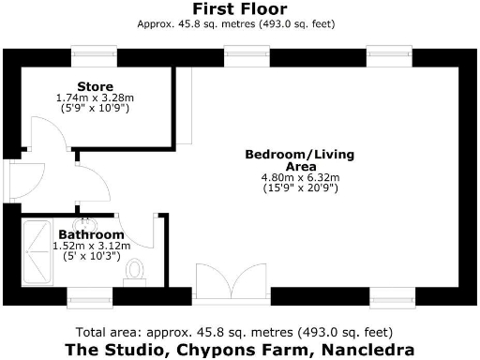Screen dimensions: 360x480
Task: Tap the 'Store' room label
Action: point(95,88)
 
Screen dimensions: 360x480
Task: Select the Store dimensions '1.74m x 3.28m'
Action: point(95,98)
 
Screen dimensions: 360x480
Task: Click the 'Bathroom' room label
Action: point(91,234)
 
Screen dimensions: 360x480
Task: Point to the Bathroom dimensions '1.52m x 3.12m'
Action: point(91,246)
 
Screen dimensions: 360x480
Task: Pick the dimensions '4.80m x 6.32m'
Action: point(300,177)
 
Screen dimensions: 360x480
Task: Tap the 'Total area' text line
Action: point(239,332)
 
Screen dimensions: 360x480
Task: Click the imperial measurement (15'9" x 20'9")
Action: point(300,188)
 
